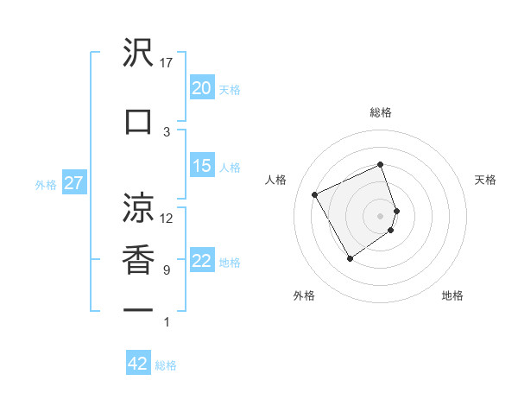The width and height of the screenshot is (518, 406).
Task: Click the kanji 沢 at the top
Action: click(x=139, y=54)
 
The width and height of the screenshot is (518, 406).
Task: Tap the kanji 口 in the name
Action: click(x=139, y=122)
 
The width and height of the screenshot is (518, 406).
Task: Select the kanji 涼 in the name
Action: click(x=139, y=207)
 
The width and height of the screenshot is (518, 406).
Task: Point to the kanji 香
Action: click(x=139, y=260)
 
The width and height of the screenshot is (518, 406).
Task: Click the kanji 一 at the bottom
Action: click(x=139, y=310)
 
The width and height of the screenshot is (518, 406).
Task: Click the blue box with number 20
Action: click(x=201, y=88)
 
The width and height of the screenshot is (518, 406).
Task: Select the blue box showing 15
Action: click(x=201, y=166)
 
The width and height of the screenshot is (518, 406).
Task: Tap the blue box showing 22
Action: click(x=201, y=261)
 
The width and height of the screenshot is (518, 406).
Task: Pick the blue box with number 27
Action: click(x=73, y=183)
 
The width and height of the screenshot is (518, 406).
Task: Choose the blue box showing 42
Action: click(x=138, y=364)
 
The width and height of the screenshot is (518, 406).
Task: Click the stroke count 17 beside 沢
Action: click(x=167, y=62)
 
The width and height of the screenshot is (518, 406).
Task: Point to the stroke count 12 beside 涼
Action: click(x=167, y=218)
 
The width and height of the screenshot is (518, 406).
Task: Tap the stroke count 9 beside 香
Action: click(x=167, y=270)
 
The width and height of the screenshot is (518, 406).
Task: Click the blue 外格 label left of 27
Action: click(x=46, y=184)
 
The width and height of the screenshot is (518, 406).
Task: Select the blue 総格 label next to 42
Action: click(x=166, y=365)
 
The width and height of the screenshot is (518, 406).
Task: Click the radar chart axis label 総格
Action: click(x=381, y=112)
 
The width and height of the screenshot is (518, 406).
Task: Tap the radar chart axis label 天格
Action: click(x=485, y=180)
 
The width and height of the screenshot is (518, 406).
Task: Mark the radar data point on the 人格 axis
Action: click(x=315, y=194)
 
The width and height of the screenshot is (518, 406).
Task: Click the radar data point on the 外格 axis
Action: click(x=350, y=258)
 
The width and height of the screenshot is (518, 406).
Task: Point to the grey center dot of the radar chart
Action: click(x=381, y=215)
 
